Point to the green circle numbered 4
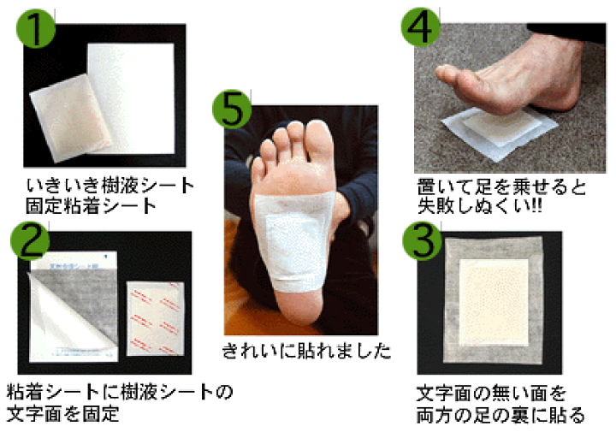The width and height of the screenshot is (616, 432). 423,26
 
